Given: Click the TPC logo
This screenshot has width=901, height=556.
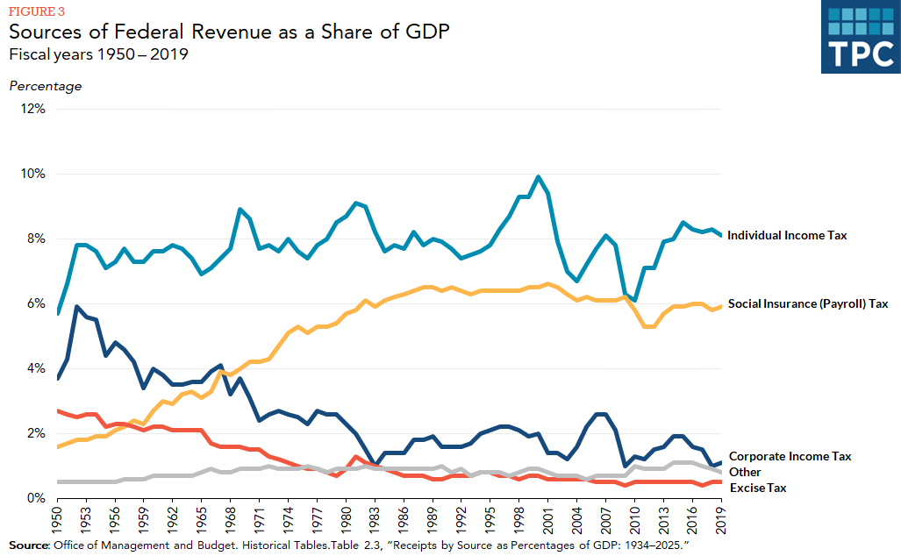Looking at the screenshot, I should click(860, 37).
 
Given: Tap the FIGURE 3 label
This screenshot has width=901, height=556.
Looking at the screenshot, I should click(35, 12).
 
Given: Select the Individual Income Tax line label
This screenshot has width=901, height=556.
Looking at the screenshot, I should click(787, 235).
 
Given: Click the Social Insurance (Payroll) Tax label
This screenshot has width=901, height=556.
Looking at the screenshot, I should click(808, 303).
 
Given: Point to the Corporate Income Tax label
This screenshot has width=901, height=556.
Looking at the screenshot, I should click(790, 456).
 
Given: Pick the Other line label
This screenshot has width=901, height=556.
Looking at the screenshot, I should click(745, 472).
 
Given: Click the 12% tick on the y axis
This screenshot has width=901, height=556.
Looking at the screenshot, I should click(32, 109).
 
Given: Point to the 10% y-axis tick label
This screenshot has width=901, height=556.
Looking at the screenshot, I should click(32, 174).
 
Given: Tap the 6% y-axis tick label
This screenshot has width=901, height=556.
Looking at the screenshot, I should click(36, 303).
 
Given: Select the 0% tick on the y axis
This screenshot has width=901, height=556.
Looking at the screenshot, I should click(36, 498).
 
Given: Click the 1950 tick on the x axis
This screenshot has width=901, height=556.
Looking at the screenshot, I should click(58, 519).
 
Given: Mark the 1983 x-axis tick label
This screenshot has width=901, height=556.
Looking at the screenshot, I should click(375, 519).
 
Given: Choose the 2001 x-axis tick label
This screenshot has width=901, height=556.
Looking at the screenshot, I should click(547, 519).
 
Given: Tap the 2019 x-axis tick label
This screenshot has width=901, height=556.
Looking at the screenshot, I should click(720, 519).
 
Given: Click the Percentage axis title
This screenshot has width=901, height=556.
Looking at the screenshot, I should click(45, 86).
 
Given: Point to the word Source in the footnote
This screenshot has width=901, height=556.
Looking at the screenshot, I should click(28, 545).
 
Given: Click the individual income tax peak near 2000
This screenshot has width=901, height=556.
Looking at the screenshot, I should click(538, 177).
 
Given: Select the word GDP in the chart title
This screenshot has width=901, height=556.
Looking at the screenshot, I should click(428, 32).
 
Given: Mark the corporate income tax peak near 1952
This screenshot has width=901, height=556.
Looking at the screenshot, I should click(77, 307).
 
